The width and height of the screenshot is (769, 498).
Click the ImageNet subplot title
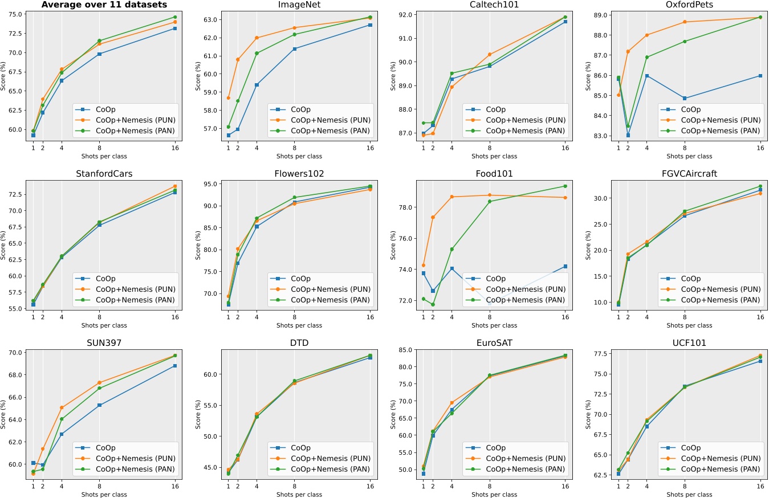[299, 5]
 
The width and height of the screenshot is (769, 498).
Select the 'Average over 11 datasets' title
[104, 5]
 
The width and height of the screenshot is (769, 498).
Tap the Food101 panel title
[494, 173]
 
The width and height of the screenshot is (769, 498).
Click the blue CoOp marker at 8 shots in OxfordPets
[685, 98]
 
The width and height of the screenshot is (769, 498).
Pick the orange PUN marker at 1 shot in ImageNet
[229, 98]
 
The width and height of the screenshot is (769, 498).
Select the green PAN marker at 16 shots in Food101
[565, 186]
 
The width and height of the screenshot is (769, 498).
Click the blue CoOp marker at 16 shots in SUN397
[174, 366]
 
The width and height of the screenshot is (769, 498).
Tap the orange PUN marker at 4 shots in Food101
[451, 197]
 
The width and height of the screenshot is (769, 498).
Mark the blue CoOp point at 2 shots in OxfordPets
[628, 135]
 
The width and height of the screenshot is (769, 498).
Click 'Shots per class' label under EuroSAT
[494, 494]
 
